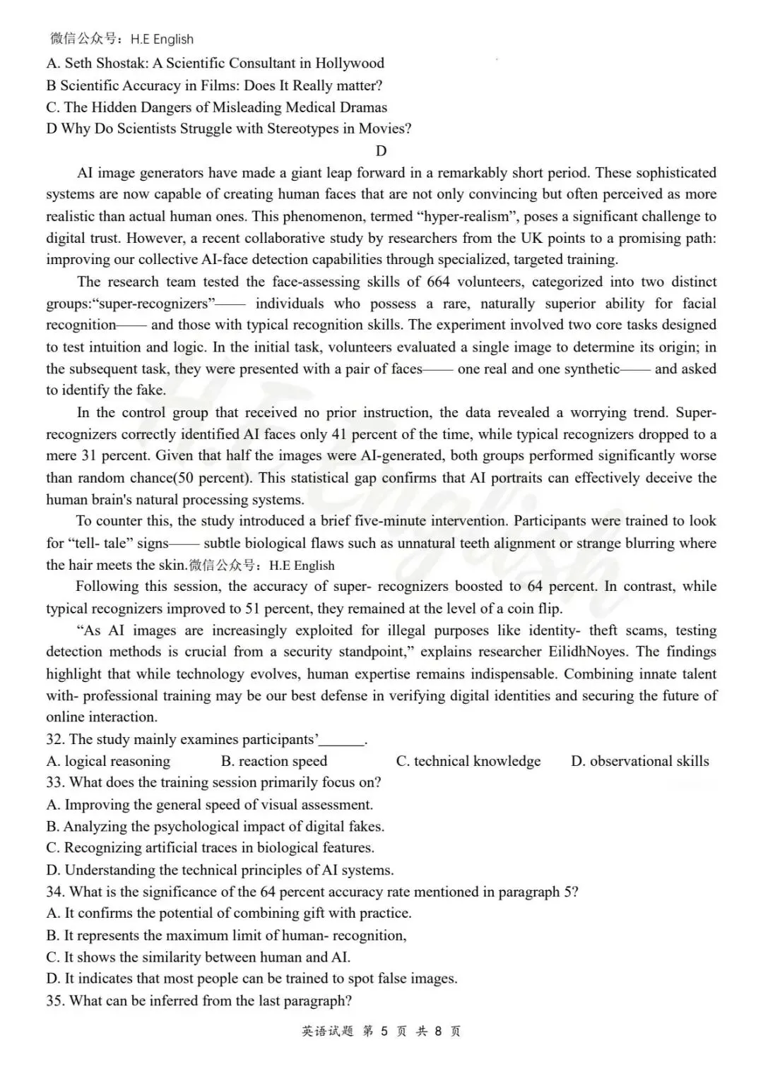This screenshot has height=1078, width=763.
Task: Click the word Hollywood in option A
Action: (x=350, y=64)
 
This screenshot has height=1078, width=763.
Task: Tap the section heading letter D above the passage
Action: (x=381, y=151)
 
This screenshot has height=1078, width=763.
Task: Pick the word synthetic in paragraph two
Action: (x=586, y=369)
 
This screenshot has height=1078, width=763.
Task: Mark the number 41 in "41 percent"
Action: (x=339, y=435)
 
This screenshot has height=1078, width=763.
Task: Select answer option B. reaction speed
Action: (x=274, y=762)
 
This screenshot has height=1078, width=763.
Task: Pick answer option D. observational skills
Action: (x=640, y=762)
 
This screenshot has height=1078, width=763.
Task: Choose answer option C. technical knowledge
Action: (x=468, y=762)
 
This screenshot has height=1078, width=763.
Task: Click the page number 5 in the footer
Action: (x=384, y=1031)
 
